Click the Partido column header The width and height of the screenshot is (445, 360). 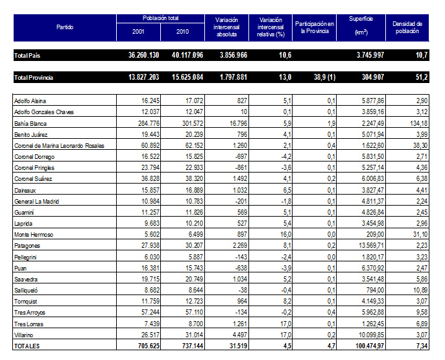coord(64,27)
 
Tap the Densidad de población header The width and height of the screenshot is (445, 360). coord(407,27)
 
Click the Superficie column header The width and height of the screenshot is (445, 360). coord(361,27)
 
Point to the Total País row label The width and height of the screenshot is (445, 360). coord(27,56)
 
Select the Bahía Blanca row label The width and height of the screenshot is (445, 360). coord(31,123)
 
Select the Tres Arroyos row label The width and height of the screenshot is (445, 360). coord(30,313)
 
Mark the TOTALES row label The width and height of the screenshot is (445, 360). coord(27,346)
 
